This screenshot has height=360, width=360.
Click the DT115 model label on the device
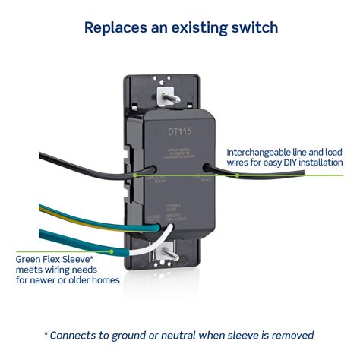tap(179, 131)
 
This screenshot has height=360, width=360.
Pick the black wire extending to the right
tap(273, 174)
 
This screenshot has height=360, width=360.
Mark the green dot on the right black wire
tap(238, 175)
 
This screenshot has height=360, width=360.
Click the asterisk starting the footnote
tap(47, 333)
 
